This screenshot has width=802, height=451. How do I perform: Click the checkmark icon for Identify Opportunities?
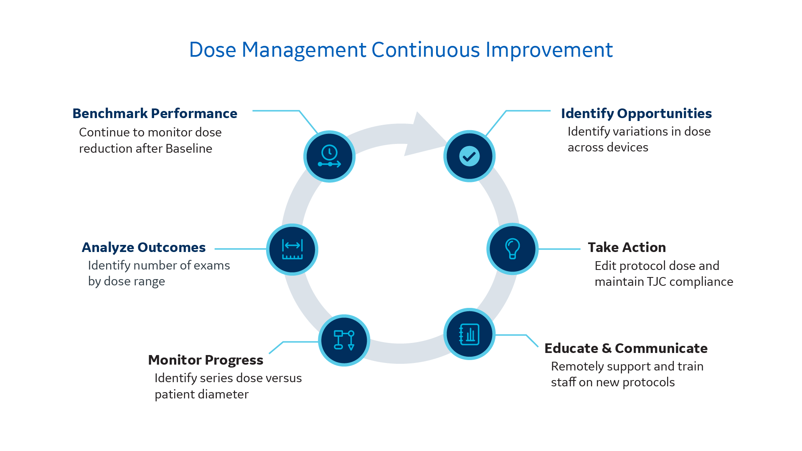tap(469, 156)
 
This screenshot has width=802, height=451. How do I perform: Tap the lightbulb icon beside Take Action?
tap(512, 249)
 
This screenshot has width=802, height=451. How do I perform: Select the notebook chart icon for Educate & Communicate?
tap(469, 334)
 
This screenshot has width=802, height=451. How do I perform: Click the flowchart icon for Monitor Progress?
tap(344, 340)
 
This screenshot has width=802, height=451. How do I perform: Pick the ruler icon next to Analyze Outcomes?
tap(292, 249)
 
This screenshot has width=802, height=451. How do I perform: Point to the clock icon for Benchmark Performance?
tap(329, 156)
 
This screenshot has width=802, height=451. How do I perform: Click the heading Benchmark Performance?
tap(155, 113)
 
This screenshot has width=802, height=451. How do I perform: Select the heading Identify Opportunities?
tap(636, 113)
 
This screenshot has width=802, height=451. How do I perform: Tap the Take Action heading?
tap(627, 247)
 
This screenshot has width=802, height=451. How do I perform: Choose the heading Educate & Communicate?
tap(626, 348)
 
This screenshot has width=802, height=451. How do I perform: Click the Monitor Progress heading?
tap(206, 360)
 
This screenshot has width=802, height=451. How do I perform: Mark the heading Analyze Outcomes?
tap(144, 247)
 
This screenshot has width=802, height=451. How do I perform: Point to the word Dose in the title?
tap(213, 50)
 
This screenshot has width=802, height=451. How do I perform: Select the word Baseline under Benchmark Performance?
tap(189, 149)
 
